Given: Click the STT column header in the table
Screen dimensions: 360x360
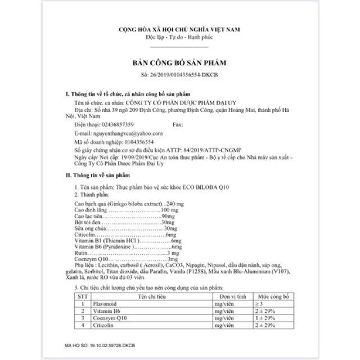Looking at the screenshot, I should click(x=83, y=295).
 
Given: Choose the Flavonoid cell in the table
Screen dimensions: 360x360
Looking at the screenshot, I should click(x=110, y=303).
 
